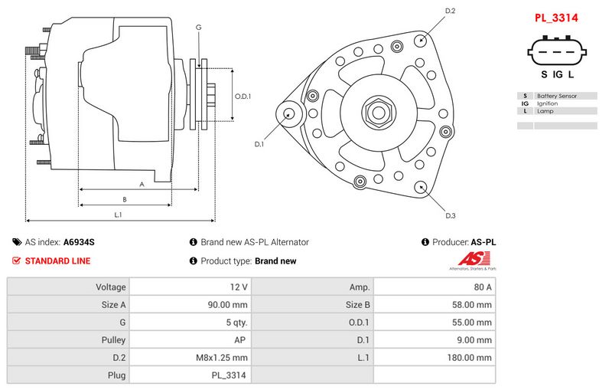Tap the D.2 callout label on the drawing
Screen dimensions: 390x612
450,11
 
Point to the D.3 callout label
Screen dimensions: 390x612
451,216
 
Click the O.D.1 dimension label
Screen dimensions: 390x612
243,97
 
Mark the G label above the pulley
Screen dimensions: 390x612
199,28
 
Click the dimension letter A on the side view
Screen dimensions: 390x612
142,184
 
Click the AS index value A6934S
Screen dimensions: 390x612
79,242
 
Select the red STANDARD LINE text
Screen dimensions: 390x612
57,261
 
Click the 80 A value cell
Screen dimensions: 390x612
483,287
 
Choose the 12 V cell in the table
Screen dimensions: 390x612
239,287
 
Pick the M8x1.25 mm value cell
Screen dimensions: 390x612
223,357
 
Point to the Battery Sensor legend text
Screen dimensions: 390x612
556,96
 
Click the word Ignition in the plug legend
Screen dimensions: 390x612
548,103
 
